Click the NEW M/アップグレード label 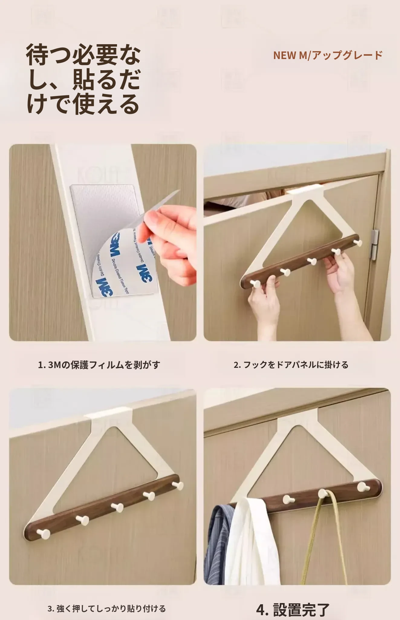pos(328,55)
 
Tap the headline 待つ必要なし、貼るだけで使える pos(83,80)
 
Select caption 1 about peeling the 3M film pos(99,365)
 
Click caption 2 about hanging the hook pos(291,365)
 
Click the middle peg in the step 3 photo pos(116,506)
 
